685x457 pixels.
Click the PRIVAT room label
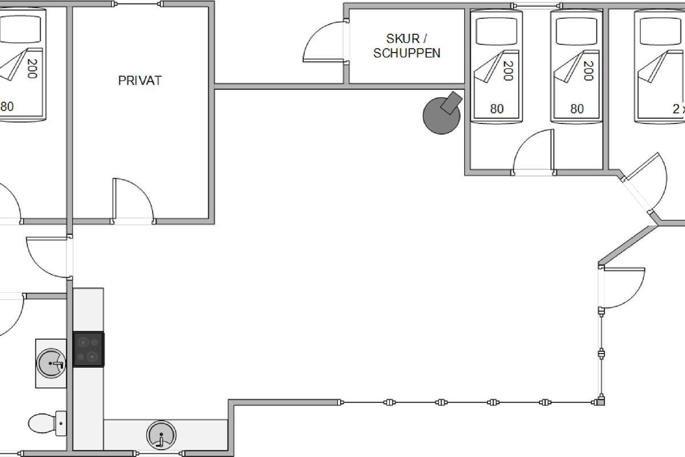pyautogui.click(x=140, y=81)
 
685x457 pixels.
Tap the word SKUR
pyautogui.click(x=403, y=39)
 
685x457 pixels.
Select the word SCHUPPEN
pyautogui.click(x=406, y=53)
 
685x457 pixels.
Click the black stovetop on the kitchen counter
pyautogui.click(x=88, y=349)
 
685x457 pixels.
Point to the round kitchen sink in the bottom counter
pyautogui.click(x=161, y=435)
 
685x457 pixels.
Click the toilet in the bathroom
pyautogui.click(x=47, y=424)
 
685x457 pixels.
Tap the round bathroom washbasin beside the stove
pyautogui.click(x=51, y=363)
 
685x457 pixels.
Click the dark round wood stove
pyautogui.click(x=442, y=113)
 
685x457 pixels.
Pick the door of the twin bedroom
pyautogui.click(x=534, y=152)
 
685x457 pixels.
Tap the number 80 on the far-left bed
pyautogui.click(x=7, y=106)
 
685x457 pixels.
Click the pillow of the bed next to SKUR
pyautogui.click(x=497, y=31)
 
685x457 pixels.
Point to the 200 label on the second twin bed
pyautogui.click(x=588, y=71)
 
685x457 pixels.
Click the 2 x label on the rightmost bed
pyautogui.click(x=679, y=109)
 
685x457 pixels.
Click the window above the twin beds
pyautogui.click(x=537, y=6)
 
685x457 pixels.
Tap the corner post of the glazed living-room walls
pyautogui.click(x=601, y=401)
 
